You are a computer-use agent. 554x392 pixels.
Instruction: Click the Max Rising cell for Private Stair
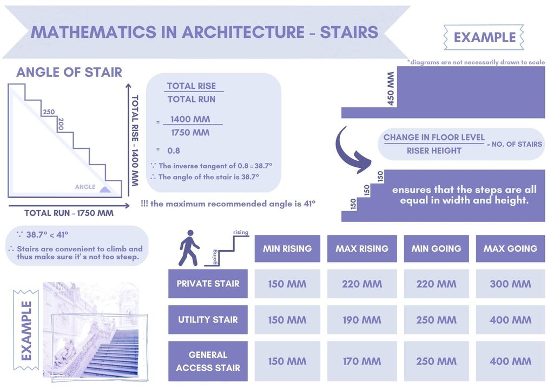click(x=362, y=284)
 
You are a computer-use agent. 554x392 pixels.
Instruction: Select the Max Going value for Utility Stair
click(x=510, y=320)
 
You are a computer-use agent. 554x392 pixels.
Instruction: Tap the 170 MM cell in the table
click(x=362, y=361)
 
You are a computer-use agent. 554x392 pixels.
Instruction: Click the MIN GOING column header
click(x=437, y=249)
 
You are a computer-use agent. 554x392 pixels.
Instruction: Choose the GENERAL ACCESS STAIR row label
click(x=208, y=361)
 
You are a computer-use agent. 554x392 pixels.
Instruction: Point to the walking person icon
click(x=189, y=248)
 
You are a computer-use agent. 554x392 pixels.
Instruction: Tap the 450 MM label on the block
click(x=391, y=89)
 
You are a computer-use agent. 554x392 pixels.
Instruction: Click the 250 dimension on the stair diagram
click(x=49, y=112)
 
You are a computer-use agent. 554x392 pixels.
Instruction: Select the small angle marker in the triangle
click(x=105, y=190)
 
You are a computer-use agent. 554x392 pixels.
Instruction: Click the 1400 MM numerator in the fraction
click(x=190, y=119)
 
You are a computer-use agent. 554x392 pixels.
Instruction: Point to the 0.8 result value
click(x=174, y=151)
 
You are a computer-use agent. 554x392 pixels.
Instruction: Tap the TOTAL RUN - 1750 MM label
click(x=69, y=213)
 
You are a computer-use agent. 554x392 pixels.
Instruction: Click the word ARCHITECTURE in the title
click(x=243, y=32)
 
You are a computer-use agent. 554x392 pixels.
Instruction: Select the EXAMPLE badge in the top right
click(x=484, y=37)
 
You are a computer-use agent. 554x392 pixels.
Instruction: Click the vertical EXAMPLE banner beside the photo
click(x=26, y=330)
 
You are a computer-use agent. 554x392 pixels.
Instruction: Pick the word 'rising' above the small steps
click(x=241, y=232)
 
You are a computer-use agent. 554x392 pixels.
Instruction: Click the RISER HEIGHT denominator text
click(x=434, y=151)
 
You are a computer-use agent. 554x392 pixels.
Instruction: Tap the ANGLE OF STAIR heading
click(x=69, y=72)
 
